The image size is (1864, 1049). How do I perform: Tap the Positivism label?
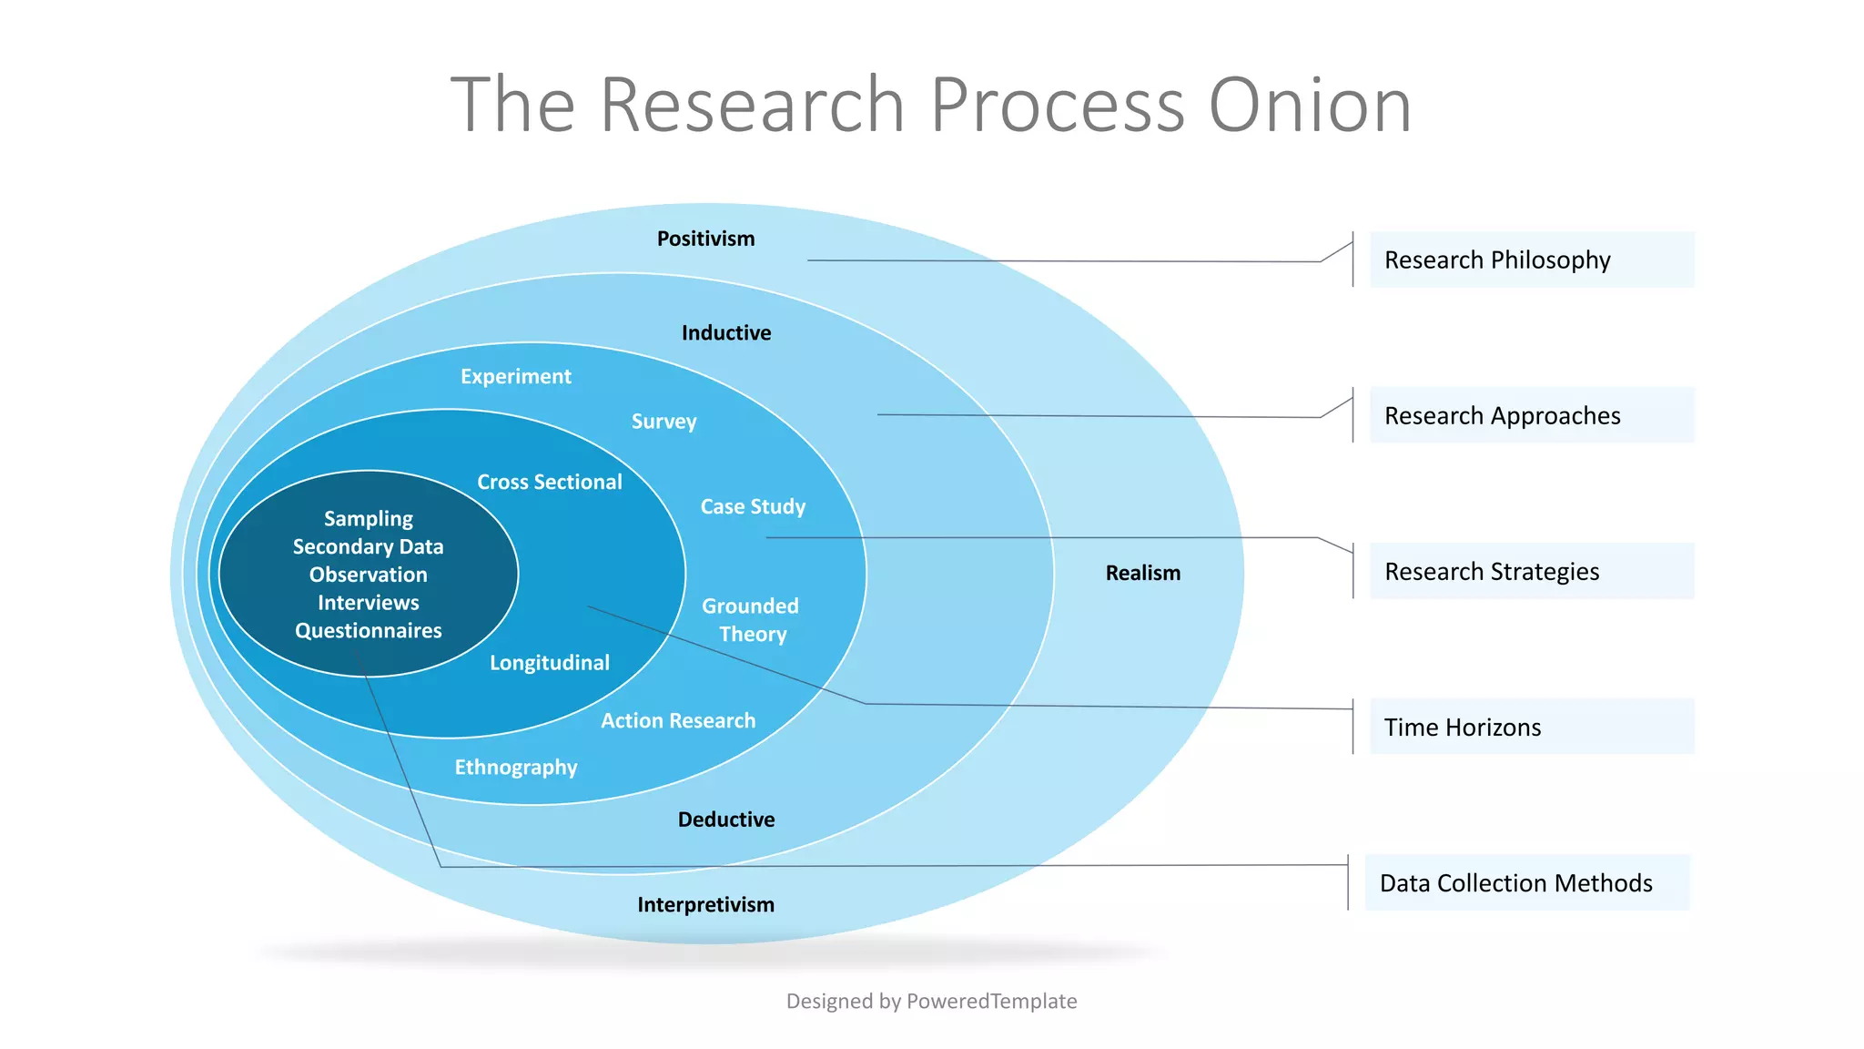tap(705, 239)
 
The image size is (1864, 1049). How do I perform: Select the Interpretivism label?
tap(705, 904)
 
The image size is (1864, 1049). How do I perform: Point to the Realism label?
tap(1142, 573)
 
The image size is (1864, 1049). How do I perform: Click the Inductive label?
tap(725, 333)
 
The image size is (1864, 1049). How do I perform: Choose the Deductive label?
tap(725, 820)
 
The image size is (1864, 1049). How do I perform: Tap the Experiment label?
tap(515, 376)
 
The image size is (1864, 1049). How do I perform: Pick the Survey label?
tap(664, 422)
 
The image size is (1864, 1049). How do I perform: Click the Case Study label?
tap(752, 506)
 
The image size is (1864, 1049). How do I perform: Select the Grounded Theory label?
tap(751, 620)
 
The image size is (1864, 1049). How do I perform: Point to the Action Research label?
tap(678, 720)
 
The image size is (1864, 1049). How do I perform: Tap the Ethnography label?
tap(515, 767)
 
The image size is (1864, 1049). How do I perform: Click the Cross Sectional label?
tap(549, 482)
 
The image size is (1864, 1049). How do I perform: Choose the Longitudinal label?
tap(549, 663)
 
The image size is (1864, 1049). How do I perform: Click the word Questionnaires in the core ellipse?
tap(368, 630)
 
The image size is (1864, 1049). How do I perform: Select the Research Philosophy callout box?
tap(1531, 260)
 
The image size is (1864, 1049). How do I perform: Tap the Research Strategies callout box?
tap(1531, 572)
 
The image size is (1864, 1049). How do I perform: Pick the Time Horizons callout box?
tap(1531, 727)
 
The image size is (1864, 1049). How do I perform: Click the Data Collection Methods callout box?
tap(1526, 882)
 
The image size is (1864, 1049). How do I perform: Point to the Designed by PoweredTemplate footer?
tap(931, 1001)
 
